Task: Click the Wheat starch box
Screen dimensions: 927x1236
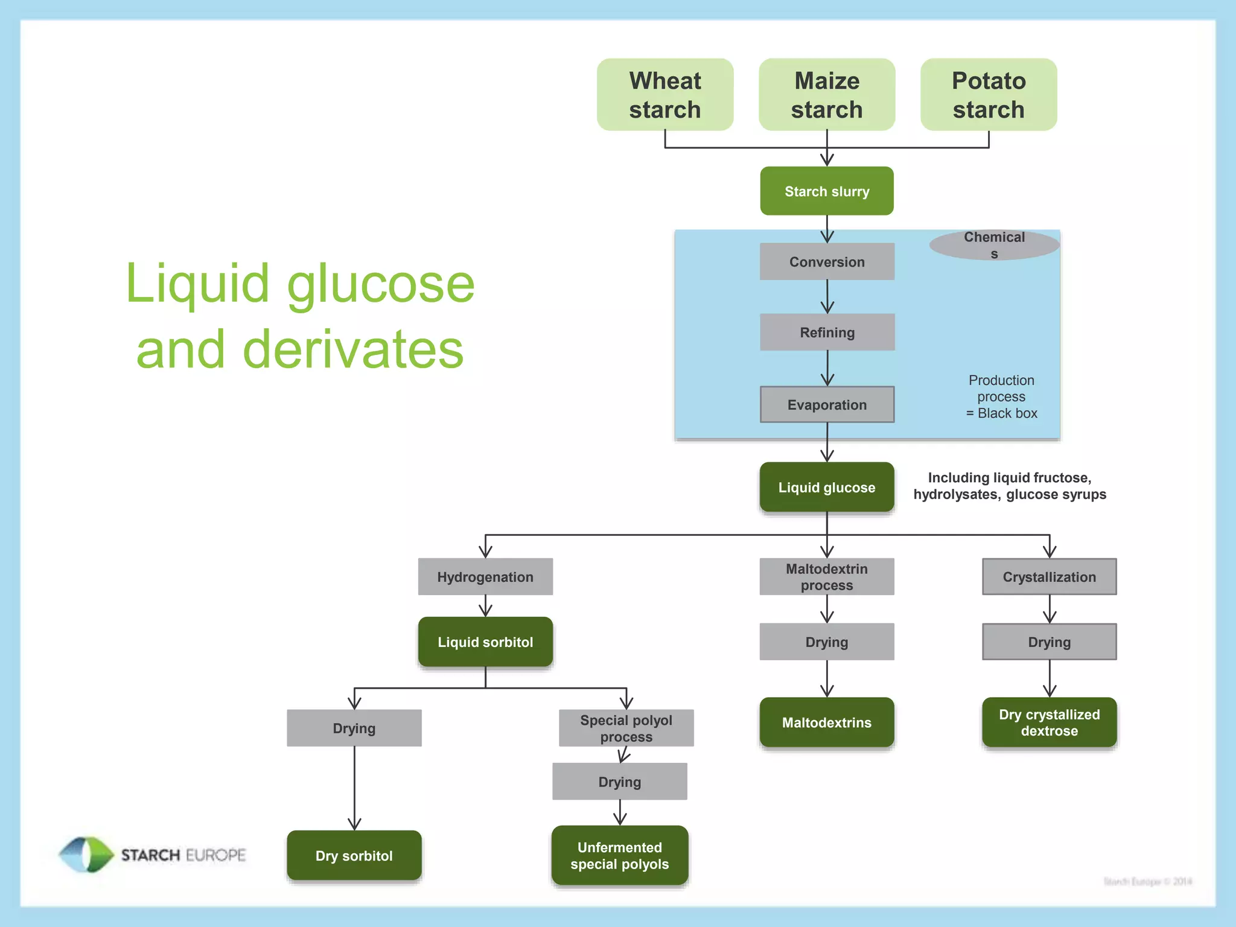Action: (665, 95)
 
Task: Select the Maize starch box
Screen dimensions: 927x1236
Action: (827, 95)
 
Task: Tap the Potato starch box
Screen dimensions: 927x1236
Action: (989, 95)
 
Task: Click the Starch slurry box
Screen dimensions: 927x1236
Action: (827, 191)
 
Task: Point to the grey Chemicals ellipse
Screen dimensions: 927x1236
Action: (994, 245)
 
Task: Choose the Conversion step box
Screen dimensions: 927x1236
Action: (827, 262)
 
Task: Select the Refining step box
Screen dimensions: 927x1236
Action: (827, 333)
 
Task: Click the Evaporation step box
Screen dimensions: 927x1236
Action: (827, 405)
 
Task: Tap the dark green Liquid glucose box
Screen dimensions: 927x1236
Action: (827, 488)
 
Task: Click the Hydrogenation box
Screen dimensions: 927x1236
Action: (485, 577)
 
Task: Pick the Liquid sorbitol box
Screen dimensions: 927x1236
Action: (485, 642)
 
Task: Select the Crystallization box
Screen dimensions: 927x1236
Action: (1049, 577)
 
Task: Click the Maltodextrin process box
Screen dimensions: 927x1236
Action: (827, 577)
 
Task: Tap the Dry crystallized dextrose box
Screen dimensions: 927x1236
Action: (1049, 722)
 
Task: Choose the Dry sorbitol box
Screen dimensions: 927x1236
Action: (354, 856)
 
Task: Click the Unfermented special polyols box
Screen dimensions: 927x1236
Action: (620, 856)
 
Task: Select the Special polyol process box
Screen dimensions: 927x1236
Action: (626, 728)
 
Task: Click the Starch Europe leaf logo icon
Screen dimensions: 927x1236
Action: (86, 855)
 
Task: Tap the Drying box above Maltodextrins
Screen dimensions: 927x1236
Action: (827, 642)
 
